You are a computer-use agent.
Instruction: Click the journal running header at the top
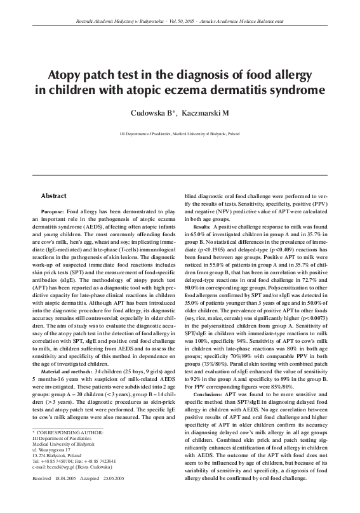click(x=180, y=22)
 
